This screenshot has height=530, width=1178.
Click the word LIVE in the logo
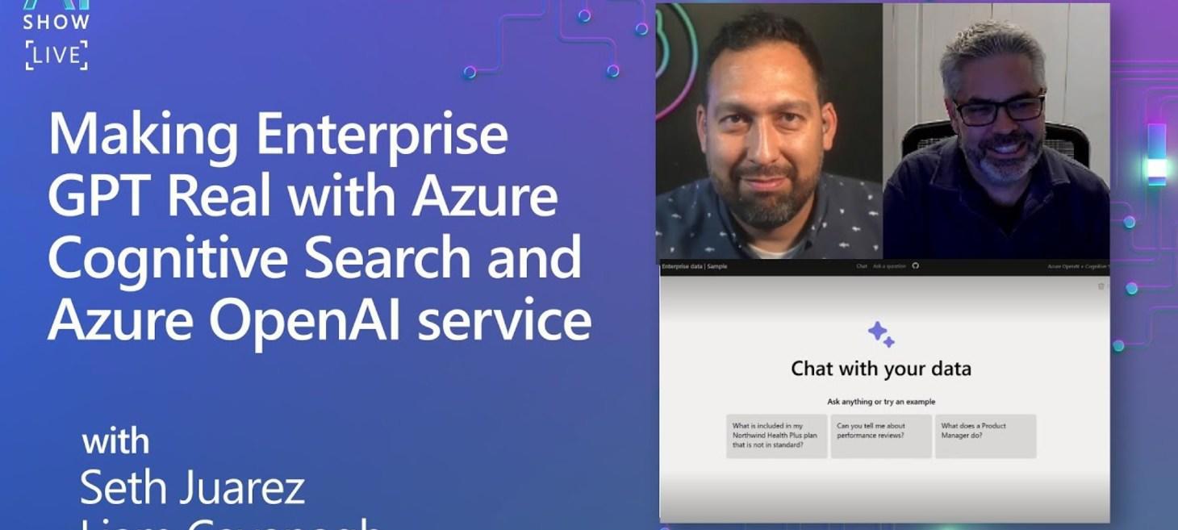pyautogui.click(x=56, y=56)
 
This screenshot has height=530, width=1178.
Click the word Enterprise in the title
pyautogui.click(x=382, y=135)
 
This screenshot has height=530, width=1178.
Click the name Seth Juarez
pyautogui.click(x=192, y=487)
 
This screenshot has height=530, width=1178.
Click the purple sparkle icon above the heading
pyautogui.click(x=881, y=334)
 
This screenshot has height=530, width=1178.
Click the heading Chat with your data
pyautogui.click(x=881, y=369)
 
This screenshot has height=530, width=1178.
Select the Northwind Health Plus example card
pyautogui.click(x=776, y=436)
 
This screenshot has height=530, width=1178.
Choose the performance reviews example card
pyautogui.click(x=881, y=436)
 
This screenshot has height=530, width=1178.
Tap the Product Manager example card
pyautogui.click(x=985, y=436)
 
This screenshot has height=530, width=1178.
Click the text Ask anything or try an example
pyautogui.click(x=881, y=402)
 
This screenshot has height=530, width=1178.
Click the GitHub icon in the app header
pyautogui.click(x=915, y=266)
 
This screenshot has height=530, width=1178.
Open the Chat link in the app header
pyautogui.click(x=861, y=266)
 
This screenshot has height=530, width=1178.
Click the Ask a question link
pyautogui.click(x=889, y=266)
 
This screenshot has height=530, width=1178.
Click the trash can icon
pyautogui.click(x=1101, y=286)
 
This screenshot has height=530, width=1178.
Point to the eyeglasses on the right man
pyautogui.click(x=999, y=110)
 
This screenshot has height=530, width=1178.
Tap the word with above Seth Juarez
pyautogui.click(x=115, y=442)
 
